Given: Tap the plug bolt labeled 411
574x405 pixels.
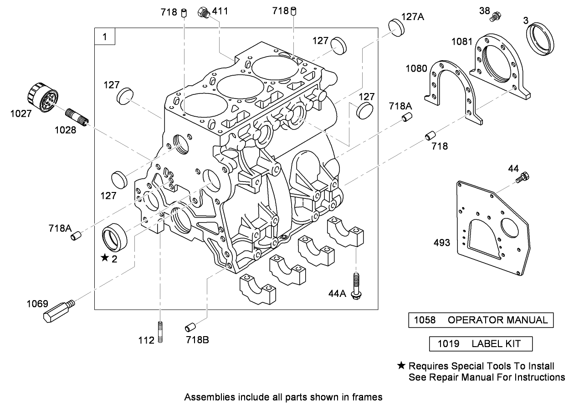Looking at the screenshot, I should pyautogui.click(x=204, y=13).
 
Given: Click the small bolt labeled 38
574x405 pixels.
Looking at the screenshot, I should pyautogui.click(x=496, y=17).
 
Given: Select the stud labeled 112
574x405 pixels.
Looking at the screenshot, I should pyautogui.click(x=160, y=332).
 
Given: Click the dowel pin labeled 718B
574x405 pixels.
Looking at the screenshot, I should pyautogui.click(x=191, y=327).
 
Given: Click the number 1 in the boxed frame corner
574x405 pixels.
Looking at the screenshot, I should pyautogui.click(x=105, y=36).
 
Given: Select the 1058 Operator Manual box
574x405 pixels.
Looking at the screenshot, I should pyautogui.click(x=481, y=320).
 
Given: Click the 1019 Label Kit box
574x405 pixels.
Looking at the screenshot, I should pyautogui.click(x=481, y=344).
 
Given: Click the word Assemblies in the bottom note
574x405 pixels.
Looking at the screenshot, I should pyautogui.click(x=204, y=397).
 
